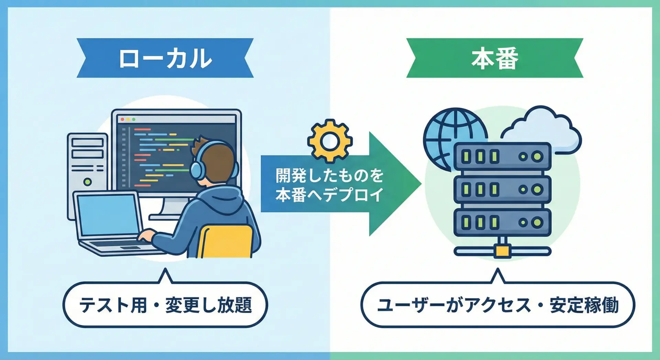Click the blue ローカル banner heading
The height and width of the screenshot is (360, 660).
click(165, 58)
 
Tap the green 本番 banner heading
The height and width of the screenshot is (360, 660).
click(495, 58)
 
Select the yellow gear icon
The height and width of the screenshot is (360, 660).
click(330, 141)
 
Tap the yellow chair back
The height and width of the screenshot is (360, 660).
click(225, 241)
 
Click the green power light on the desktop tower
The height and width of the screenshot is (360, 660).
click(87, 182)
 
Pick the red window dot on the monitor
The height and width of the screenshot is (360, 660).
click(122, 119)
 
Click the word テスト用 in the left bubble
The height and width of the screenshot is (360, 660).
click(113, 305)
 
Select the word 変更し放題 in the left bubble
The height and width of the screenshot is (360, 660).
click(209, 305)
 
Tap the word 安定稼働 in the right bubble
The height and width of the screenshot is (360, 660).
click(584, 305)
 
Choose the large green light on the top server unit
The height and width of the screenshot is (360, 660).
click(537, 157)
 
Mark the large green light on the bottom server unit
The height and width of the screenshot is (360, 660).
click(537, 222)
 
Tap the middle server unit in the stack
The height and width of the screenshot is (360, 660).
click(502, 189)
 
